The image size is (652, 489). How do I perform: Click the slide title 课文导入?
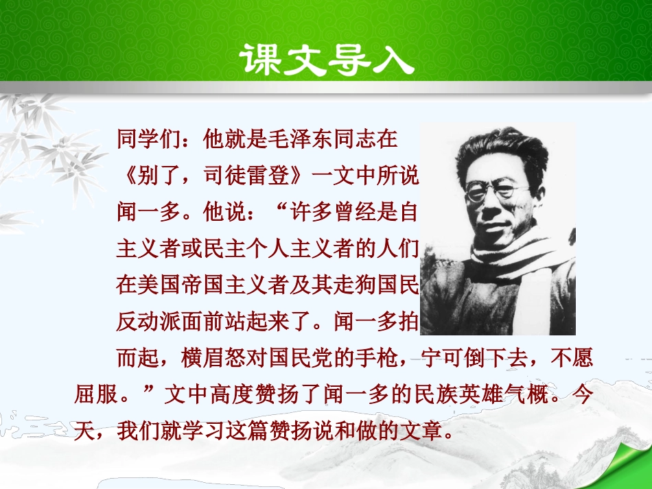click(327, 60)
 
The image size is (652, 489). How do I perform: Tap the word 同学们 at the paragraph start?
click(149, 139)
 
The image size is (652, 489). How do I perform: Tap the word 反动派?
click(149, 321)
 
